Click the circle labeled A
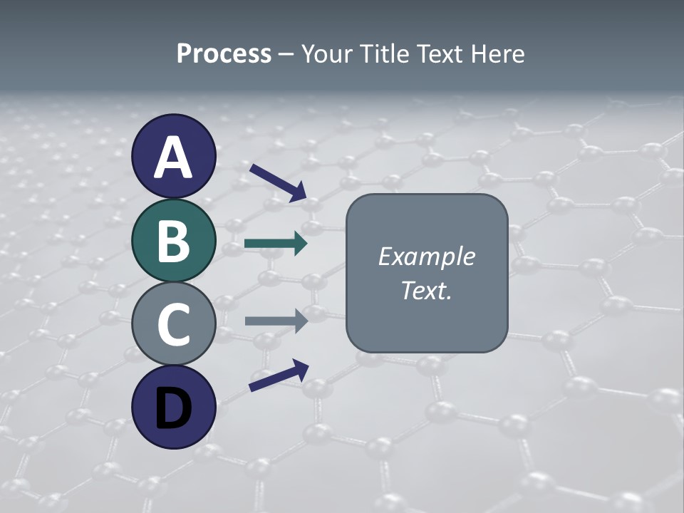pos(174,156)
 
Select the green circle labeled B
pos(174,241)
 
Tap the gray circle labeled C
pos(174,324)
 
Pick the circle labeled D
pos(174,407)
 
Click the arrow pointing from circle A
pos(278,182)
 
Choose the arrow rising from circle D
pos(279,375)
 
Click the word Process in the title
pos(224,54)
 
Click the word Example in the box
pos(426,256)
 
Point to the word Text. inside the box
pos(426,291)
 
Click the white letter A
pos(174,157)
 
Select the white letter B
pos(174,241)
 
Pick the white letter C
pos(174,325)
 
